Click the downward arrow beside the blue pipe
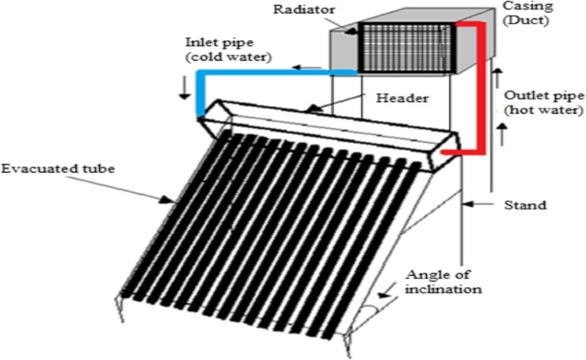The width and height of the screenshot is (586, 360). tap(182, 88)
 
